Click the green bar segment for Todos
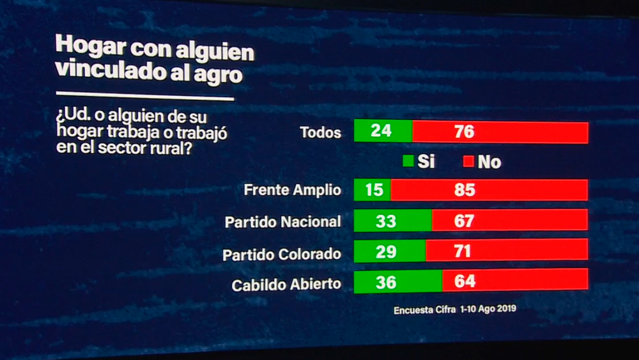tap(383, 132)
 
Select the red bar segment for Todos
tap(500, 132)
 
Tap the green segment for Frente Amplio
tap(372, 190)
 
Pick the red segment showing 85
tap(489, 190)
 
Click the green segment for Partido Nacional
tap(392, 221)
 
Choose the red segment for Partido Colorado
tap(506, 251)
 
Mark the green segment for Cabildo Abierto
tap(397, 281)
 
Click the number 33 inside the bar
tap(386, 221)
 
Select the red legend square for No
tap(468, 162)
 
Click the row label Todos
tap(320, 133)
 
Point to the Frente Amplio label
tap(292, 190)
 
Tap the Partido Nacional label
tap(282, 222)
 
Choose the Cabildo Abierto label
tap(286, 284)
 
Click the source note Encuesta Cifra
tap(425, 309)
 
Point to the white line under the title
tap(145, 98)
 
